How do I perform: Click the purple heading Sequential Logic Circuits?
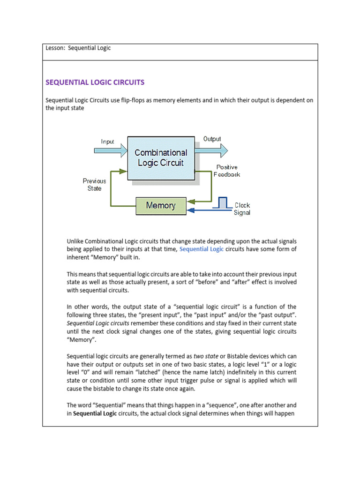click(x=95, y=82)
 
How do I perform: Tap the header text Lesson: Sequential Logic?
click(x=78, y=48)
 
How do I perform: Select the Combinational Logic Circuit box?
click(x=161, y=158)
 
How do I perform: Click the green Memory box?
click(x=161, y=205)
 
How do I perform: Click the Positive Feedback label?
click(x=227, y=171)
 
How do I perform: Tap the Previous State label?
click(x=94, y=184)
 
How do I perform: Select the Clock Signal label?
click(x=242, y=209)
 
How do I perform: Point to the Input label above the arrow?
click(x=108, y=141)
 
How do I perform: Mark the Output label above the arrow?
click(x=212, y=139)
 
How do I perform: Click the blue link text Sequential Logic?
click(x=202, y=249)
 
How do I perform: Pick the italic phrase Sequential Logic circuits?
click(x=98, y=323)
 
